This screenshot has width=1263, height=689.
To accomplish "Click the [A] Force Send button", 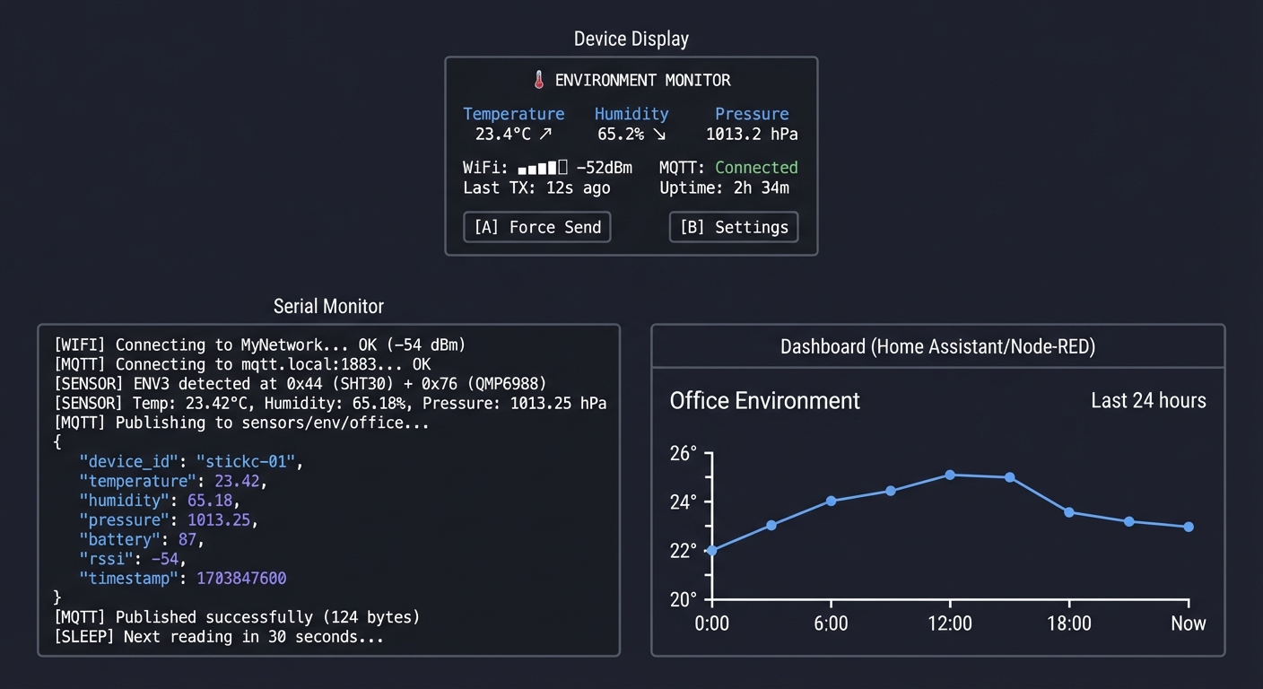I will coord(537,227).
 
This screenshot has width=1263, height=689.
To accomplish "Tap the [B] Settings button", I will coord(733,227).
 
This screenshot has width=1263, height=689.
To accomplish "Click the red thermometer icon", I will coord(539,80).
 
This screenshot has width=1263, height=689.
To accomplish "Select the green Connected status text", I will coord(756,167).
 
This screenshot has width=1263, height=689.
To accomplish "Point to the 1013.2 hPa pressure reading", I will coord(752,135).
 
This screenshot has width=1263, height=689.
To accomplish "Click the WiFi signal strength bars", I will coord(543,167).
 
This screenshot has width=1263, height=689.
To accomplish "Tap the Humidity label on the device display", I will coord(631,114).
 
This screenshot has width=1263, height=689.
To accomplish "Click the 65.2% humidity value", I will coord(621,135).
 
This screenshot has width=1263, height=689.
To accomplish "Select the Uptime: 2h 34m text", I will coord(724,188).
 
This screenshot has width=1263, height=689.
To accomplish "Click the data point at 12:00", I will coord(950,475).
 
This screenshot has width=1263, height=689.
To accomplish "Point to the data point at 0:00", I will coord(712,550).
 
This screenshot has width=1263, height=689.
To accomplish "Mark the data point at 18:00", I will coord(1069,512).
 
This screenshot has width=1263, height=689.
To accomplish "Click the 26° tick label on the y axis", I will coord(684,454).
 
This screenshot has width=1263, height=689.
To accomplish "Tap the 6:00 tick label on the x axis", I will coord(831,624).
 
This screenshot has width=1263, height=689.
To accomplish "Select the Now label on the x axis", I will coord(1188,624).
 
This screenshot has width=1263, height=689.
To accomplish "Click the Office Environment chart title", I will coord(764,400).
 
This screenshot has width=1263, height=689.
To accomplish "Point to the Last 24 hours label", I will coord(1148,400).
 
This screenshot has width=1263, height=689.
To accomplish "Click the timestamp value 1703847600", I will coord(241,579).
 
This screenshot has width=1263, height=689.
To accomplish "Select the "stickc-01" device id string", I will coord(247,462).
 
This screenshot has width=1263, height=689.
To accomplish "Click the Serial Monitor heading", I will coord(328,307).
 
